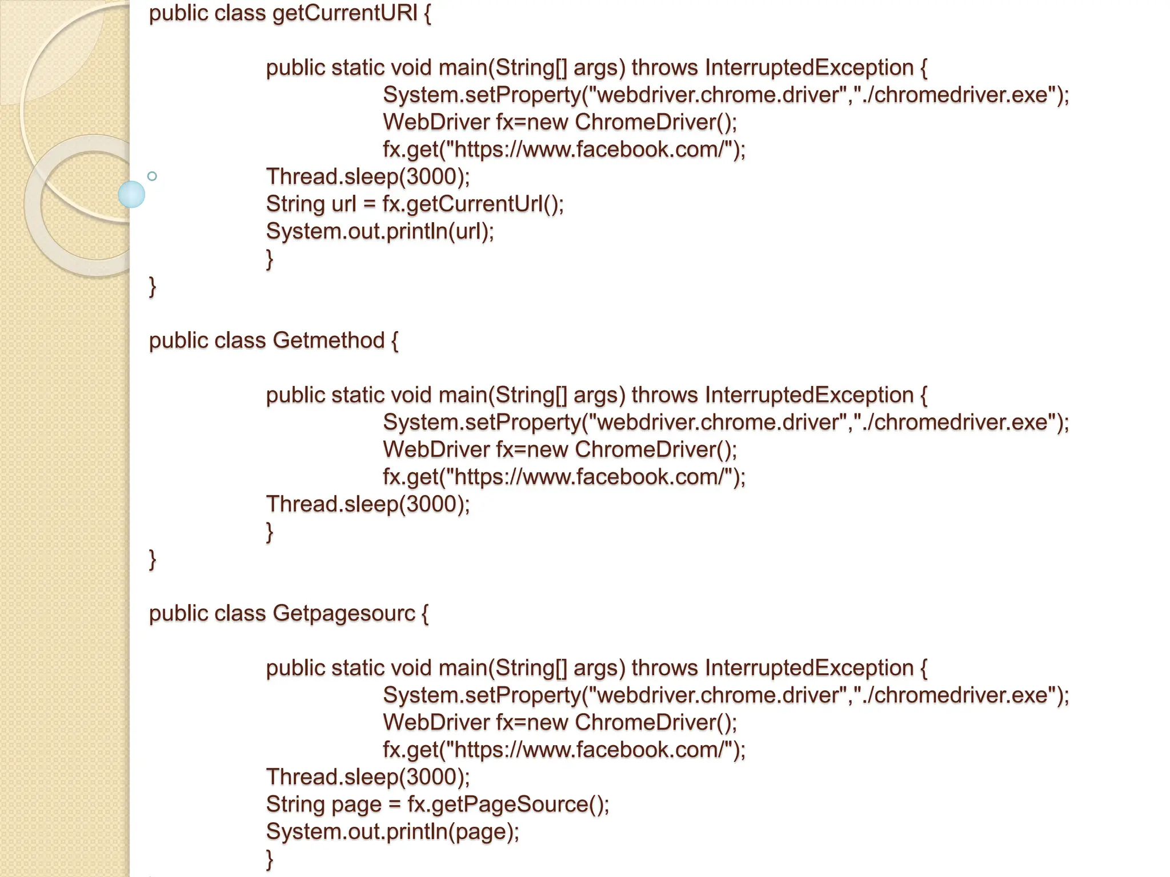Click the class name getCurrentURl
click(x=345, y=13)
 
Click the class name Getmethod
click(x=328, y=340)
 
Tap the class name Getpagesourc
click(x=344, y=613)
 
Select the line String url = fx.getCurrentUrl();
click(x=415, y=204)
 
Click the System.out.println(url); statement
click(x=380, y=231)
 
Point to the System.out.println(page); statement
click(x=392, y=831)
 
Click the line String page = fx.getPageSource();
click(x=438, y=804)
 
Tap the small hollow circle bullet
click(x=152, y=176)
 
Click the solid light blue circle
click(x=131, y=194)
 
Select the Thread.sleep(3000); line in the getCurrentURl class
click(x=368, y=176)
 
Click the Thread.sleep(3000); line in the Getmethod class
click(x=368, y=504)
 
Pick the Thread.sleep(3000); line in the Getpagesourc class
click(x=368, y=777)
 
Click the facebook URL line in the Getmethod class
click(x=564, y=477)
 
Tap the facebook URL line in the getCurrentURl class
click(x=564, y=150)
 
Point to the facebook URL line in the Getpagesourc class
click(x=564, y=750)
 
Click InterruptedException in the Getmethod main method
click(x=809, y=395)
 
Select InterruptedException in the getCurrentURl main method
click(x=809, y=68)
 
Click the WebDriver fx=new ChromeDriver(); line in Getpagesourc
click(x=560, y=722)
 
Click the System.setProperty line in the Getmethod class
click(x=726, y=423)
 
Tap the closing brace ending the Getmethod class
click(x=153, y=559)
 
